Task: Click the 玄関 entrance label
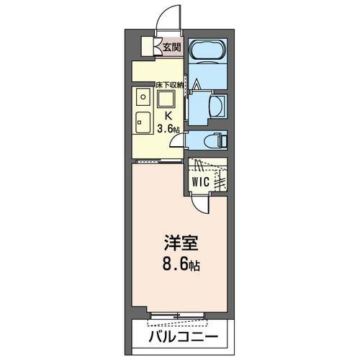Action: coord(171,48)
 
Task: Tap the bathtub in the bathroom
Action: coord(208,51)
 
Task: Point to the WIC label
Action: coord(199,182)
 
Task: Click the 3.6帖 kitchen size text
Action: coord(170,129)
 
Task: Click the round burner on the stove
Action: coord(143,96)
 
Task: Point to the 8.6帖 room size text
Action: coord(180,265)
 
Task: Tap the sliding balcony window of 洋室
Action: coord(180,315)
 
